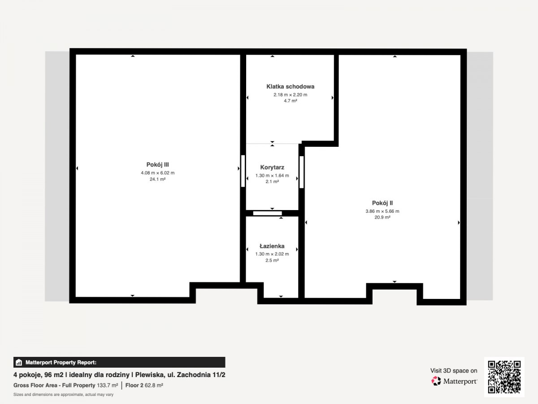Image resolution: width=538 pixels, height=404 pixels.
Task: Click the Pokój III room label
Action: pos(158,165)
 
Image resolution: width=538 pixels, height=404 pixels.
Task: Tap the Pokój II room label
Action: pos(382,203)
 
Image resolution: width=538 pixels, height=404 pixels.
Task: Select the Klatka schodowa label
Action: pos(291,86)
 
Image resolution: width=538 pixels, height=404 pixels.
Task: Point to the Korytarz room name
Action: pos(272,167)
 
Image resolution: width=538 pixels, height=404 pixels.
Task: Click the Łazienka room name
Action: pos(272,246)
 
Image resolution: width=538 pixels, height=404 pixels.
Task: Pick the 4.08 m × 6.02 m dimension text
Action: pos(158,173)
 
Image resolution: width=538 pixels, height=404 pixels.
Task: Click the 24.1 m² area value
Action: pos(158,179)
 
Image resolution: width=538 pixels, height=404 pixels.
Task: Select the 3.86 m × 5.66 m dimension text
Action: pos(382,211)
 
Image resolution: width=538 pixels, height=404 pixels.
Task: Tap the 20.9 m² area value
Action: pos(382,217)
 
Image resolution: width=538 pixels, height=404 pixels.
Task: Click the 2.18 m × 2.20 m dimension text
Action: pos(291,94)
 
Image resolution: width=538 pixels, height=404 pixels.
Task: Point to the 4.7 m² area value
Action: pos(291,101)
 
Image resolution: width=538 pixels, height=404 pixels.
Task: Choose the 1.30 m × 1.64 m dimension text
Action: pos(272,176)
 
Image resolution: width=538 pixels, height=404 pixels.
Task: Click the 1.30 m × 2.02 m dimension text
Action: pos(272,254)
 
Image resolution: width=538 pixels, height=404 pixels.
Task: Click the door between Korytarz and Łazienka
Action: pos(267,213)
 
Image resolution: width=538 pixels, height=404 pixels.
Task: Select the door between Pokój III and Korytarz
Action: pos(243,171)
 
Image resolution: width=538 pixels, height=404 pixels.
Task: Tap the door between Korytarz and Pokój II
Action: pos(301,172)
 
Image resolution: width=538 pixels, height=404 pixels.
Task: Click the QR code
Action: pos(504,377)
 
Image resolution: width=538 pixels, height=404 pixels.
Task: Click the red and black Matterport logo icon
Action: pos(436,381)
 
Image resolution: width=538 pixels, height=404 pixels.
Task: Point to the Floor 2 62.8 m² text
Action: pos(144,385)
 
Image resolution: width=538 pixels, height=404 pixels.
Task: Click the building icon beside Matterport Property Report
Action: pos(19,362)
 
